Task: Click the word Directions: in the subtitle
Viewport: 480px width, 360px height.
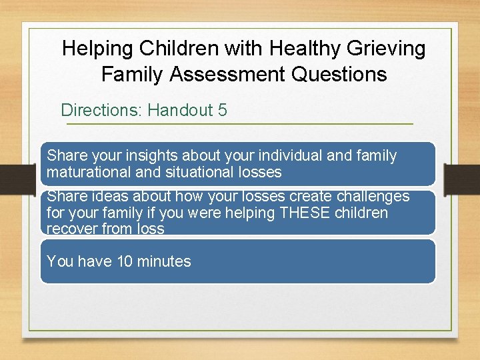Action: coord(101,110)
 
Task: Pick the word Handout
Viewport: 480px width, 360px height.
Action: coord(180,110)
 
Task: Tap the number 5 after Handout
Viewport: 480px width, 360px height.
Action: coord(222,110)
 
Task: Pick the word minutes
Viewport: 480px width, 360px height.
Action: coord(164,261)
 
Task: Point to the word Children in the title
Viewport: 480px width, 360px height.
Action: coord(181,49)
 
